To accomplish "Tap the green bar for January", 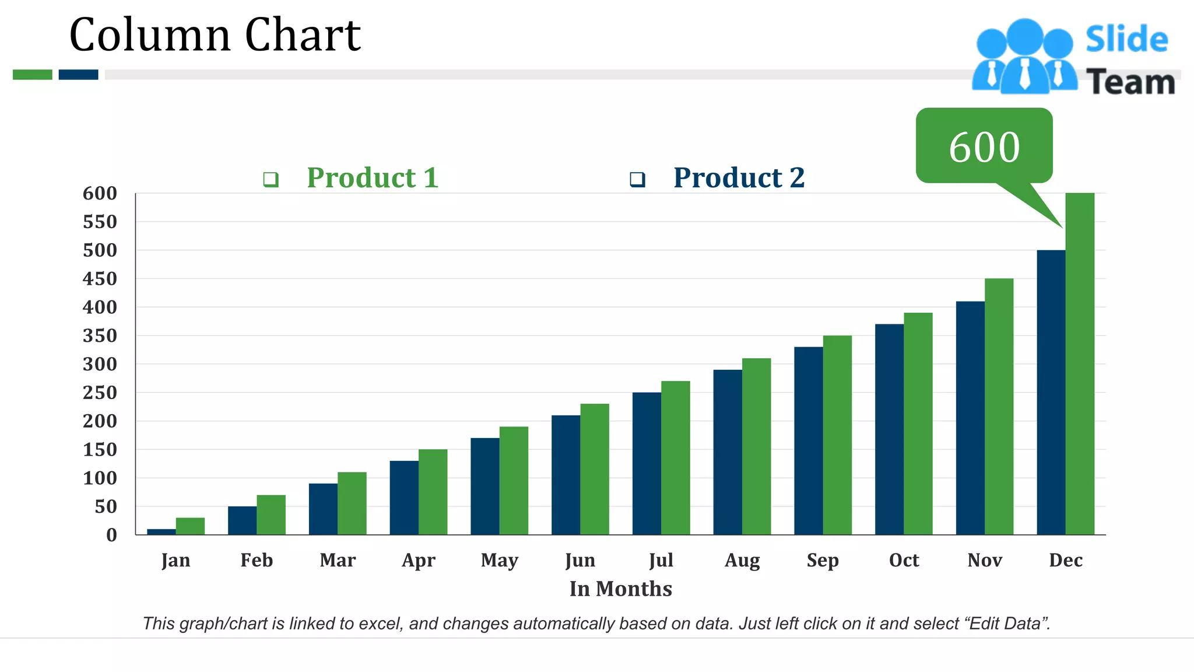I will coord(190,526).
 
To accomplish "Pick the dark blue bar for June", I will coord(566,475).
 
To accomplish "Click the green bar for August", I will coord(756,446).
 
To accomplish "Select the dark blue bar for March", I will coord(323,509).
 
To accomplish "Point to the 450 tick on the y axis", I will coord(100,279).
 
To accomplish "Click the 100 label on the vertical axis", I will coord(100,478).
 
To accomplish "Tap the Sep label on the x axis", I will coord(823,561).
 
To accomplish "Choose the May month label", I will coord(499,561).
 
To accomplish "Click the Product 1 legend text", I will coord(373,178).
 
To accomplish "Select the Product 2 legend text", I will coord(739,178).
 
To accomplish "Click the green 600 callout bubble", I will coord(984,146).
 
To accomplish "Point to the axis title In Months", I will coord(620,589).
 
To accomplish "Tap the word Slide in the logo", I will coord(1126,40).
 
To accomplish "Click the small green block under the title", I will coord(33,75).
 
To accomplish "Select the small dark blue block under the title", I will coord(78,75).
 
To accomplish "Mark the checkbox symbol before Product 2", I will coord(637,179).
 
